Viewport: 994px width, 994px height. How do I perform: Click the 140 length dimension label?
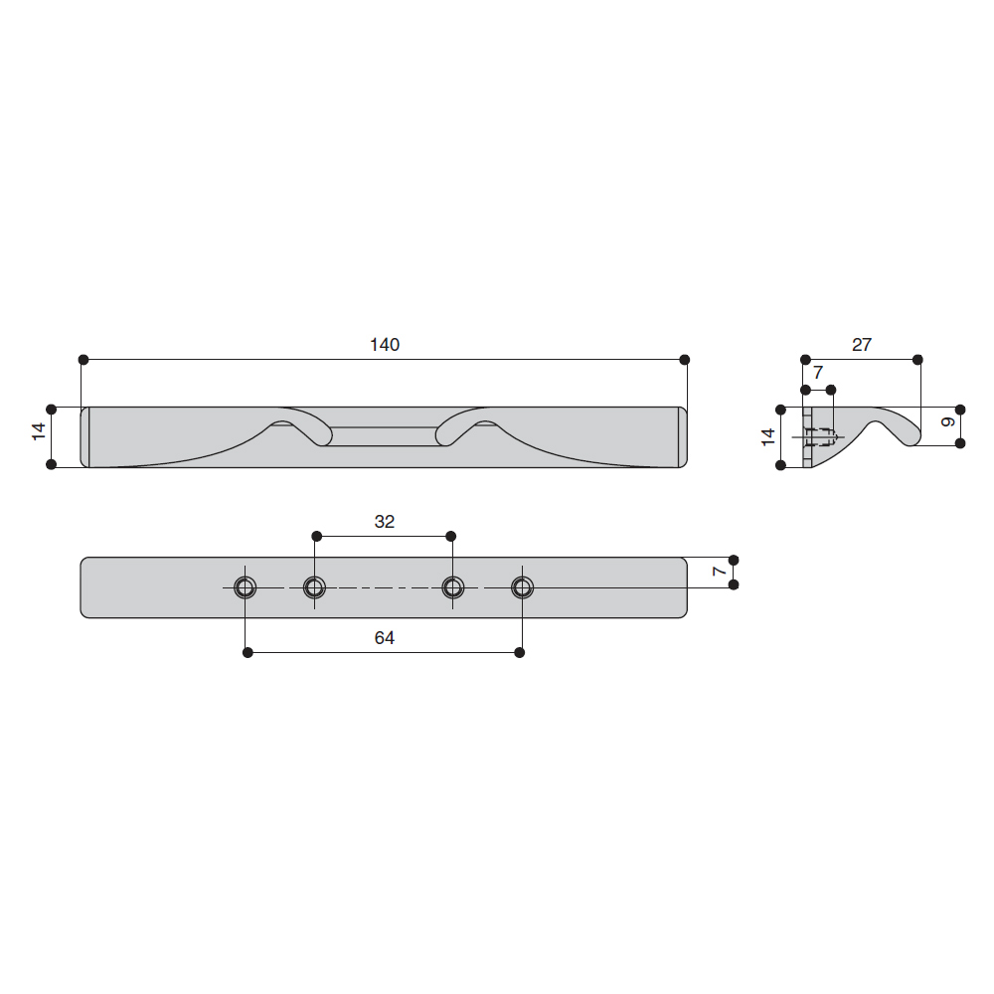click(x=384, y=345)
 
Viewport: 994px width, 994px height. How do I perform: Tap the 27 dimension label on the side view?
click(x=862, y=345)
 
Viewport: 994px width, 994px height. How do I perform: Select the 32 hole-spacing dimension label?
click(x=384, y=522)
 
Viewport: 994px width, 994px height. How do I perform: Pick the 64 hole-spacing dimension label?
click(x=384, y=638)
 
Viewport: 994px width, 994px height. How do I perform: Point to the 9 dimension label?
click(x=947, y=422)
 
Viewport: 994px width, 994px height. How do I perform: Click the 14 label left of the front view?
click(x=39, y=431)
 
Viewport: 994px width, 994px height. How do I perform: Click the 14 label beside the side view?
click(x=767, y=436)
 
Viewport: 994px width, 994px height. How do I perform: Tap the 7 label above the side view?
click(x=818, y=373)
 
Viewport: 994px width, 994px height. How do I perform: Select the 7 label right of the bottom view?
click(x=719, y=572)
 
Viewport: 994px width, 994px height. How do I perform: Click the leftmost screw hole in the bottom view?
click(x=246, y=587)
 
